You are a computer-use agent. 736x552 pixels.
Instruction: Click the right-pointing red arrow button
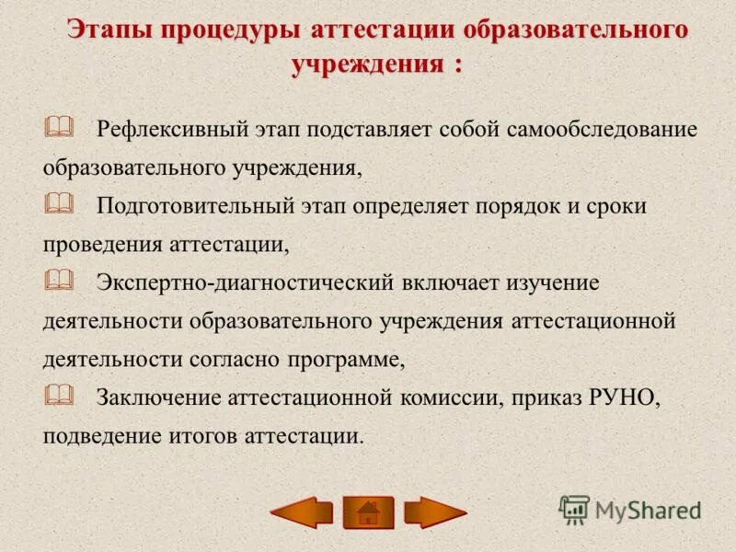pos(435,512)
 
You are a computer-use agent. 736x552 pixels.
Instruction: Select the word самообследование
pos(602,129)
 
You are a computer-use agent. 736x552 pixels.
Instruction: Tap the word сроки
pos(617,206)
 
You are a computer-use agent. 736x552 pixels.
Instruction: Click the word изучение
pos(555,282)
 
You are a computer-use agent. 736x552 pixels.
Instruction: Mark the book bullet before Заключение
pos(57,396)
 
